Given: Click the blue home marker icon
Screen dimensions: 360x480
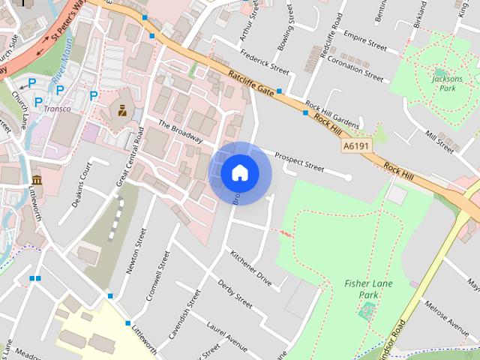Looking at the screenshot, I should (239, 172).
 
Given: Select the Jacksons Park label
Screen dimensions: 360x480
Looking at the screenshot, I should (448, 82).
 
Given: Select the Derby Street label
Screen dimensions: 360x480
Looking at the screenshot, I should (235, 293).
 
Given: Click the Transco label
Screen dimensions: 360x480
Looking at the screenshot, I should (57, 109).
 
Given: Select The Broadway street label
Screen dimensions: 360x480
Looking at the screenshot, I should (181, 130).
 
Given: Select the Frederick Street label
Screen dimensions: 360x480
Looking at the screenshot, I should (264, 62).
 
